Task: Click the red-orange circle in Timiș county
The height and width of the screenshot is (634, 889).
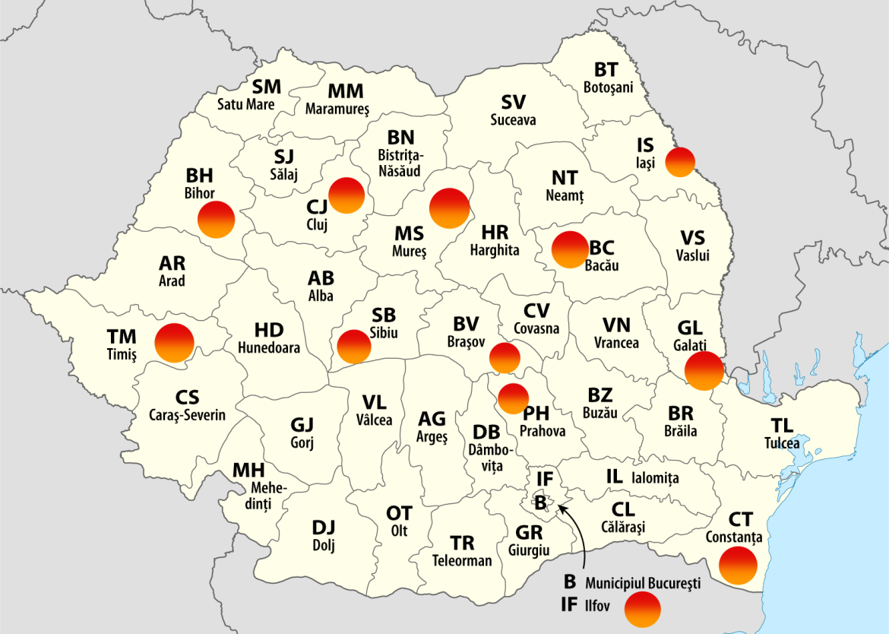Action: click(175, 342)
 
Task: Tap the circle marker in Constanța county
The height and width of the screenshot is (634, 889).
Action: click(739, 566)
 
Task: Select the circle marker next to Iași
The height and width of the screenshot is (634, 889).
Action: click(680, 162)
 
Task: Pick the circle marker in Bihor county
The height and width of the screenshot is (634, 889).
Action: click(216, 220)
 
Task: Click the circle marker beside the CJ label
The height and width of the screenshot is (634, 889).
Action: click(346, 196)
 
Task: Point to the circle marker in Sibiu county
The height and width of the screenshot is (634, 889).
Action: click(354, 346)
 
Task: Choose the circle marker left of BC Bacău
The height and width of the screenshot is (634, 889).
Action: click(569, 249)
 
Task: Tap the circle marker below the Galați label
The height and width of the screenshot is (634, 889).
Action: click(704, 370)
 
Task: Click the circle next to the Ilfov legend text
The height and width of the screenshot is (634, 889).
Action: click(642, 610)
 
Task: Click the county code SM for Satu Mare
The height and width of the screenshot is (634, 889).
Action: click(266, 87)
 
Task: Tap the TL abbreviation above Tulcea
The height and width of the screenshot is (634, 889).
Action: click(782, 426)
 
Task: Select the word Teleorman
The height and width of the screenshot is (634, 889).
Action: click(462, 561)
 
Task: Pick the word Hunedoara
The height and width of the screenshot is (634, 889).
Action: click(269, 348)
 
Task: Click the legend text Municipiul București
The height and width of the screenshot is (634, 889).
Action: click(642, 584)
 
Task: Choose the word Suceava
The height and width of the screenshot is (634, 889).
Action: click(513, 119)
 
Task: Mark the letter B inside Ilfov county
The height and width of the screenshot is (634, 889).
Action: click(540, 502)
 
